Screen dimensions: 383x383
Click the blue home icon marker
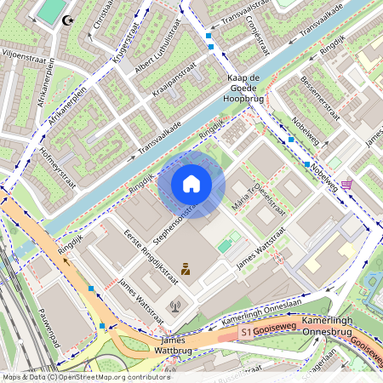coord(191,184)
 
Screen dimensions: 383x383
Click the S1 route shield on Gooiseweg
coord(246,330)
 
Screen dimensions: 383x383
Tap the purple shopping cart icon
coord(346,185)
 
